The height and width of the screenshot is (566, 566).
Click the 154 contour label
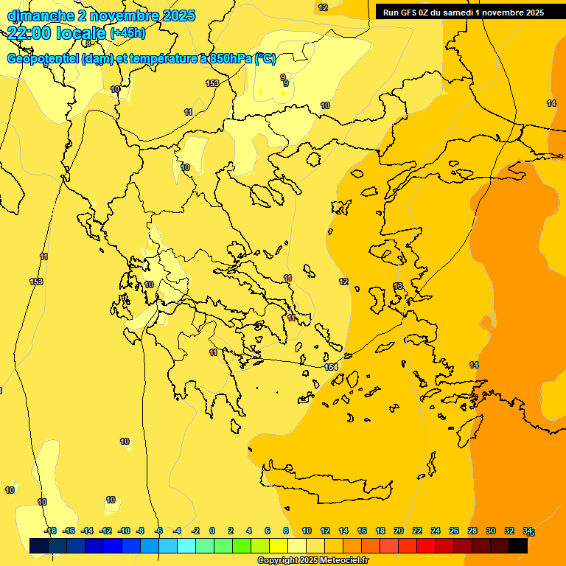331,367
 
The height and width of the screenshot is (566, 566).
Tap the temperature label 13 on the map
398,286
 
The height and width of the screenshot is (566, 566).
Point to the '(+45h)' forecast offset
127,33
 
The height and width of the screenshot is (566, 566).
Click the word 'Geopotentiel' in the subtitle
40,59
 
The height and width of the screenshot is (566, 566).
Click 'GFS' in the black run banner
408,13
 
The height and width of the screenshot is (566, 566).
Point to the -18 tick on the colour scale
50,531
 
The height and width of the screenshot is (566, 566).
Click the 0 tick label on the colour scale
212,531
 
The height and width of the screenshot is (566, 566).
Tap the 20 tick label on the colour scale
399,531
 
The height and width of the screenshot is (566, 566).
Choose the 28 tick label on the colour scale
472,531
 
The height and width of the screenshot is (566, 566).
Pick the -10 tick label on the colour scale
124,531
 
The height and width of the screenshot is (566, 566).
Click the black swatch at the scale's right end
518,545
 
